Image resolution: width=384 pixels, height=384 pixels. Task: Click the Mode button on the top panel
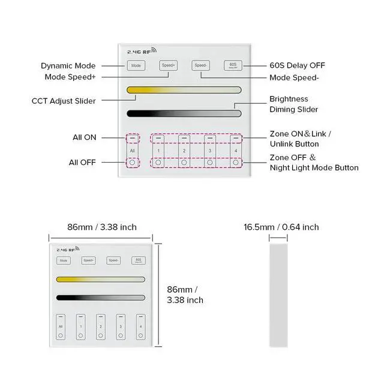(x=136, y=65)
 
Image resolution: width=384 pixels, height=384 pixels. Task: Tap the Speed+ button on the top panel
(x=169, y=65)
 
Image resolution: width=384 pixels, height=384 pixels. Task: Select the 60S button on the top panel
(x=233, y=65)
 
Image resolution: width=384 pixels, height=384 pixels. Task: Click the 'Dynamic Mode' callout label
(x=68, y=66)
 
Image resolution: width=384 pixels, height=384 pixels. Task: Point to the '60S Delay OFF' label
(x=298, y=65)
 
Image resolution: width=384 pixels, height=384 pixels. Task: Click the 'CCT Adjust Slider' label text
(x=63, y=101)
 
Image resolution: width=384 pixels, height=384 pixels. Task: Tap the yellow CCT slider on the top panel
(x=184, y=90)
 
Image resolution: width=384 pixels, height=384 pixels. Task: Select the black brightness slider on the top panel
(x=184, y=113)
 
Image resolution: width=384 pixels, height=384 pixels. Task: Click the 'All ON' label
(x=84, y=137)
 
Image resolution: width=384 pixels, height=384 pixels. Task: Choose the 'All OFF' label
(x=82, y=163)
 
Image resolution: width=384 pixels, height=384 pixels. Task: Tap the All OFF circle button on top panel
(x=132, y=162)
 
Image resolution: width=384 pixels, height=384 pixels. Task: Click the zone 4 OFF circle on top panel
(x=236, y=162)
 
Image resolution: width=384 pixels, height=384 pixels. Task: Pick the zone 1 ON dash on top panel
(x=158, y=139)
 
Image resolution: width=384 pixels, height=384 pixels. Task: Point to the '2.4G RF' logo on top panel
(x=142, y=51)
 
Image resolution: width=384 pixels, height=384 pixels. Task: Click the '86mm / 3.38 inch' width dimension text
(x=101, y=227)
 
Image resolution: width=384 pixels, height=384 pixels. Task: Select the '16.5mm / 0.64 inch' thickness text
(x=281, y=227)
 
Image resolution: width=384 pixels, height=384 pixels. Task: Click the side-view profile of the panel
(x=278, y=294)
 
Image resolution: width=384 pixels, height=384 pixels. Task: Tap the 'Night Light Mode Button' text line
(x=314, y=167)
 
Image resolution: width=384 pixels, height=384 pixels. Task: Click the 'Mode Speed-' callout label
(x=293, y=77)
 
